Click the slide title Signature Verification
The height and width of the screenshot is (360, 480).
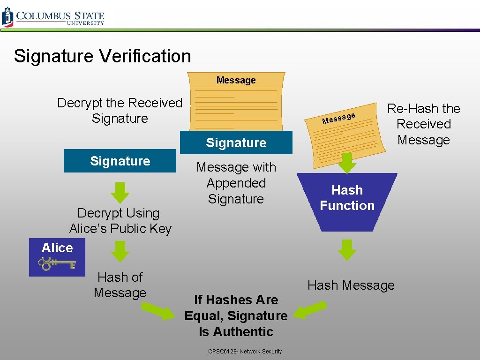point(102,56)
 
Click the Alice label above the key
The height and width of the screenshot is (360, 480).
point(57,248)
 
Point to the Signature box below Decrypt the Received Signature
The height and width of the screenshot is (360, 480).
point(120,161)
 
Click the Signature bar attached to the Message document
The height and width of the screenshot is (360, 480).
point(236,143)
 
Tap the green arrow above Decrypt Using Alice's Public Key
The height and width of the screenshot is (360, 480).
point(120,192)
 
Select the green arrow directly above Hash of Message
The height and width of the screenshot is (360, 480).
point(120,251)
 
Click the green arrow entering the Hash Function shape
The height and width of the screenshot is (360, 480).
point(347,162)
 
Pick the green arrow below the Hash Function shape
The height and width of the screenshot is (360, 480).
point(347,249)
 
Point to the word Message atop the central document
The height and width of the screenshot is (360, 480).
point(236,81)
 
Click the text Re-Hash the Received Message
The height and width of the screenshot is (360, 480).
point(423,124)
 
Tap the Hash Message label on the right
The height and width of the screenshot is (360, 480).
point(351,285)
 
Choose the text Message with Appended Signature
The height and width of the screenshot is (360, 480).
point(236,183)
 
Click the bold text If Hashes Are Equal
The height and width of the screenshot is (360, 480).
point(236,307)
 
